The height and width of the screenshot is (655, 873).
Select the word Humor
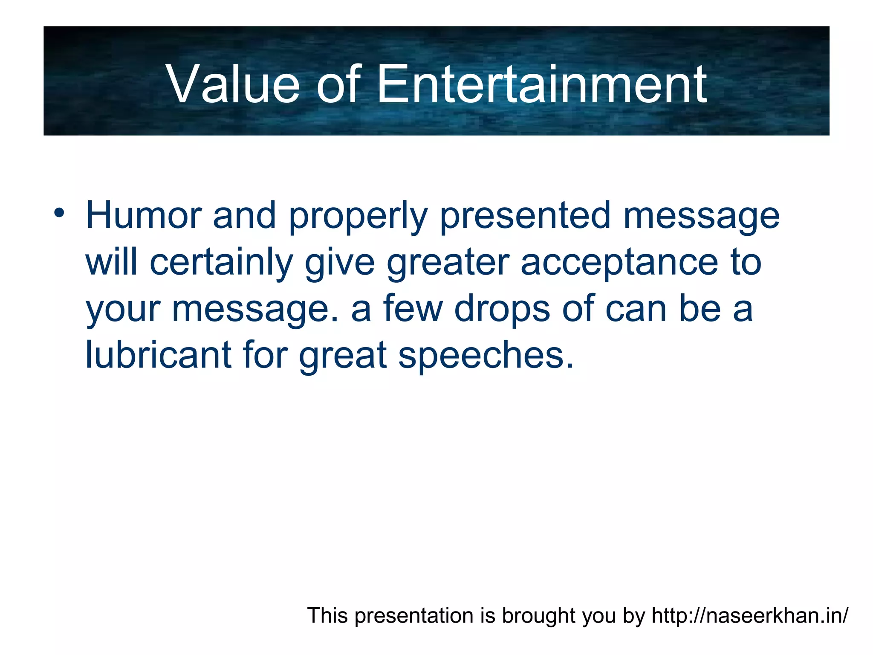pyautogui.click(x=143, y=216)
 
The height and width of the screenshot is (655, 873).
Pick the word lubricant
pyautogui.click(x=158, y=355)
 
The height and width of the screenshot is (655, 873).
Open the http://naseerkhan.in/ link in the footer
pyautogui.click(x=750, y=616)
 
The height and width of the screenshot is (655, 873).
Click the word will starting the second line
pyautogui.click(x=112, y=263)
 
